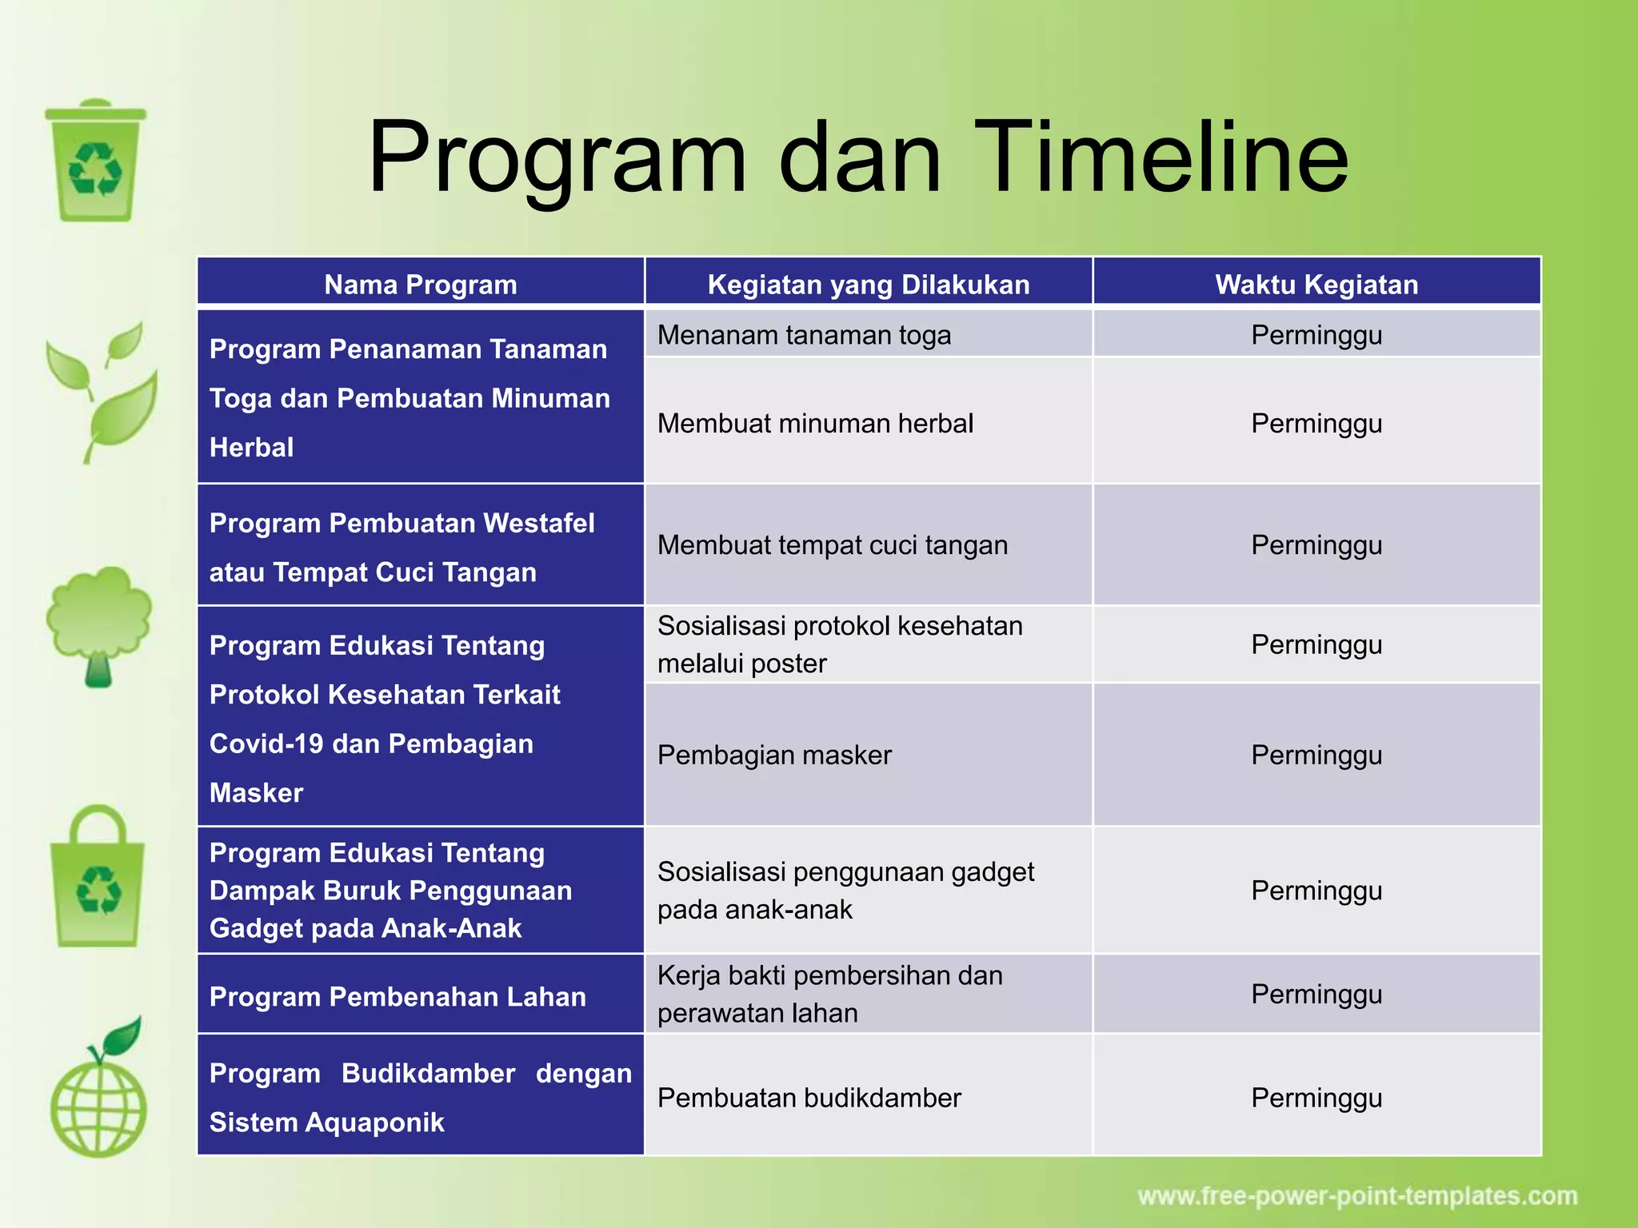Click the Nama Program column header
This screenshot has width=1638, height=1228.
[x=421, y=285]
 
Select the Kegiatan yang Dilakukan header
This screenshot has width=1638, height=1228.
[x=869, y=285]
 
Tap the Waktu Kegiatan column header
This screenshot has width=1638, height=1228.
[x=1316, y=285]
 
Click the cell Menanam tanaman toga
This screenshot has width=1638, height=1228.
[x=804, y=335]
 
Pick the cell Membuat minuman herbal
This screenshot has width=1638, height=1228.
[x=815, y=423]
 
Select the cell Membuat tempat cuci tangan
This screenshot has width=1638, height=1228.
[x=832, y=545]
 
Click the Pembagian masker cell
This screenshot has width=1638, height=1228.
[x=774, y=755]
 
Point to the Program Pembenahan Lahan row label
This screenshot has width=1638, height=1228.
[x=398, y=997]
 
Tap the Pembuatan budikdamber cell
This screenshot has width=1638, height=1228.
[x=809, y=1098]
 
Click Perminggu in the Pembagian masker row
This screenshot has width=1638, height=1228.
[x=1316, y=755]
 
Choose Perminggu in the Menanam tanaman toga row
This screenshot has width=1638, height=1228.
[x=1316, y=335]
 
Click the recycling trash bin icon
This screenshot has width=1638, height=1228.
[x=96, y=161]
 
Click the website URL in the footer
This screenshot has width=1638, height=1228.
[x=1357, y=1197]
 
